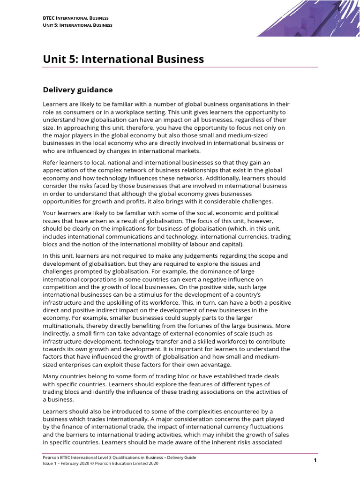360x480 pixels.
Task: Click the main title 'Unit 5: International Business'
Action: [x=123, y=60]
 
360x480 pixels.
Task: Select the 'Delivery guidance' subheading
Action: [x=78, y=90]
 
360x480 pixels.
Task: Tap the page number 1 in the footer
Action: [x=315, y=461]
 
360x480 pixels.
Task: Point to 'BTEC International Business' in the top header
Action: [x=72, y=17]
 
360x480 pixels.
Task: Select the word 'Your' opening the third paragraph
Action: [x=50, y=212]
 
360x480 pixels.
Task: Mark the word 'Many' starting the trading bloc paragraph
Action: [x=51, y=376]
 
